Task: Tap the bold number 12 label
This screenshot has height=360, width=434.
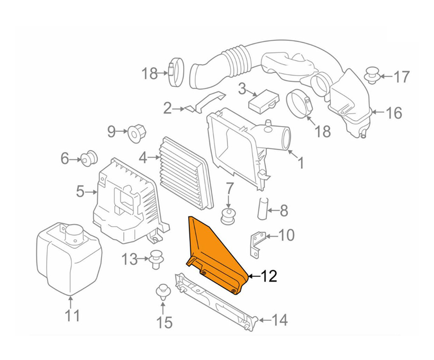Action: (268, 276)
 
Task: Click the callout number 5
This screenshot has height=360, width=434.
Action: (80, 191)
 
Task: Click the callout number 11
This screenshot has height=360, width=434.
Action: (72, 316)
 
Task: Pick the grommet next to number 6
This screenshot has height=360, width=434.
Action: (88, 157)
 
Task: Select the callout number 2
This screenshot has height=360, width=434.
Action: (167, 109)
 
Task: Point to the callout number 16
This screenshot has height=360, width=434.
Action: (394, 113)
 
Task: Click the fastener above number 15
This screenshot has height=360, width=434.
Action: (163, 292)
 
